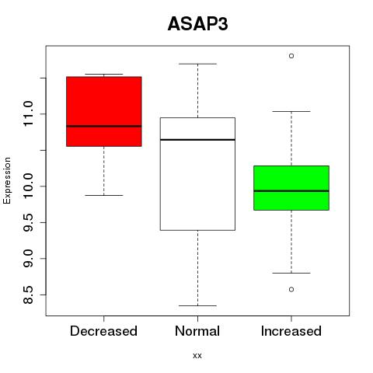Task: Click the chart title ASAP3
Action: (197, 24)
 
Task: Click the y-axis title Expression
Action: (7, 180)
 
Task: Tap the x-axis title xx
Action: (197, 355)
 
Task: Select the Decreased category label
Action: (103, 331)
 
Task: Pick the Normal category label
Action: (197, 331)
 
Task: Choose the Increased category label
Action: (291, 331)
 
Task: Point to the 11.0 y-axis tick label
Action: (28, 113)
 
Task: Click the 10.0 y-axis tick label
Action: (28, 186)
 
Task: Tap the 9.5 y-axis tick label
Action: (28, 222)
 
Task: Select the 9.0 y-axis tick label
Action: (28, 258)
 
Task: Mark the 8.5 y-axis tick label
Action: (28, 295)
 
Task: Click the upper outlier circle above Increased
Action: (291, 56)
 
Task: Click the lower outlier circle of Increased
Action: (291, 289)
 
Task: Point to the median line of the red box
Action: (104, 126)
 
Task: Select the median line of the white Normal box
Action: (197, 140)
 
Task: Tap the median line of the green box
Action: (291, 191)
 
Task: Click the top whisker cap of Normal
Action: (197, 64)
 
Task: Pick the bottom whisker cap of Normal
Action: (197, 305)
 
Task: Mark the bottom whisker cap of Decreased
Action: (104, 195)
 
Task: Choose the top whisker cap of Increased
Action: (291, 111)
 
